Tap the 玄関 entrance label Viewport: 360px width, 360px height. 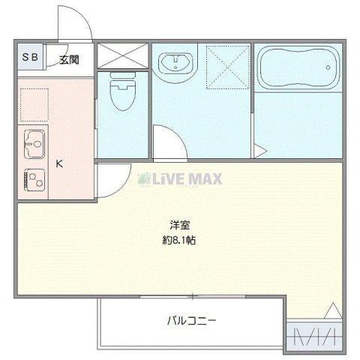70,58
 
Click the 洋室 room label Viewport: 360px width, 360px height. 177,225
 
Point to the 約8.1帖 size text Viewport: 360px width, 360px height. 179,241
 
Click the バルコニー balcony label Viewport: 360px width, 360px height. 191,321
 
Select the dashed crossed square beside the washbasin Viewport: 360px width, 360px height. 226,65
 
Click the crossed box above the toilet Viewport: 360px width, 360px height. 121,55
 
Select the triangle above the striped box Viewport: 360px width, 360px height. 332,310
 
